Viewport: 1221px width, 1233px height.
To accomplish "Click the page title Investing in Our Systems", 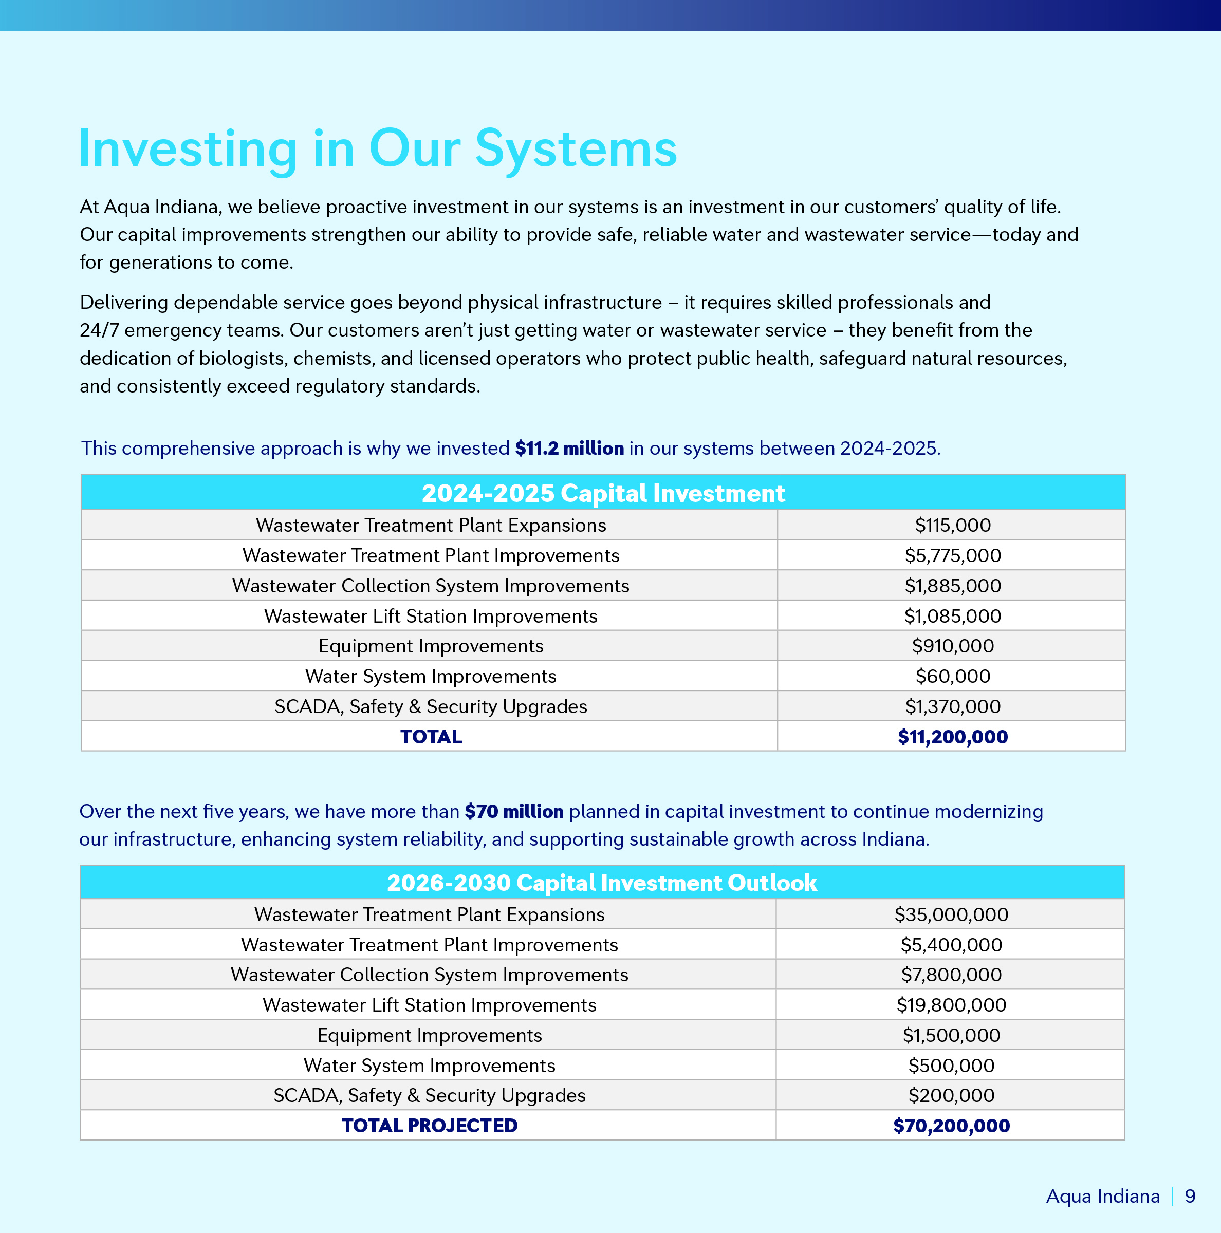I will [x=377, y=148].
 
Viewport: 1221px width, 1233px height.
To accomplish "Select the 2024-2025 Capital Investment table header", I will [x=603, y=493].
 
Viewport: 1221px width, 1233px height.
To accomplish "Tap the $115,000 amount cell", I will [x=952, y=525].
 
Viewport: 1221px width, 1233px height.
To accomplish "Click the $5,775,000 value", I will [x=952, y=555].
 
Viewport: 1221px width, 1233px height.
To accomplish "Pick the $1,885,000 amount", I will [x=952, y=586].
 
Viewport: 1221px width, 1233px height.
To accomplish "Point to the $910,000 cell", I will [x=952, y=646].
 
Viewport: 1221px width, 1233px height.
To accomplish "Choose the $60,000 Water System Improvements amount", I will [x=952, y=676].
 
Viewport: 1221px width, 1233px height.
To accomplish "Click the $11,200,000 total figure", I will [x=952, y=737].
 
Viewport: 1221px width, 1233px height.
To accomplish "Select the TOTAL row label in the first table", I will [x=431, y=737].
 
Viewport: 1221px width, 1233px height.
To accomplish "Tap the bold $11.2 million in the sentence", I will [x=569, y=448].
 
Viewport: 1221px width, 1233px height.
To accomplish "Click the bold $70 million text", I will [x=514, y=811].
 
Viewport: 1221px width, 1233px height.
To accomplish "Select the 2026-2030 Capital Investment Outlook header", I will [x=602, y=883].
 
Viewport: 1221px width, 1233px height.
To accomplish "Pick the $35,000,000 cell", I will [x=951, y=914].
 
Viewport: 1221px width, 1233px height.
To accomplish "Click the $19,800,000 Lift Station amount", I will [x=951, y=1005].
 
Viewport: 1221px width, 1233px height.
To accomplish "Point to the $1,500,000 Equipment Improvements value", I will [x=951, y=1035].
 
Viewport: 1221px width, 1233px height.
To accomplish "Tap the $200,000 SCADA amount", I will [x=951, y=1095].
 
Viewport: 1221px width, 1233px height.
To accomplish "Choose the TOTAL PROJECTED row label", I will [x=430, y=1125].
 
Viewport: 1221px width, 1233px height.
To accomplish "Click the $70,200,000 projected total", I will [x=951, y=1125].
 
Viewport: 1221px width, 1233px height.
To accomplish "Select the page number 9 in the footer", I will [x=1190, y=1196].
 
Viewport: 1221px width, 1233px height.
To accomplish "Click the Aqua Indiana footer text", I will [x=1102, y=1196].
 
